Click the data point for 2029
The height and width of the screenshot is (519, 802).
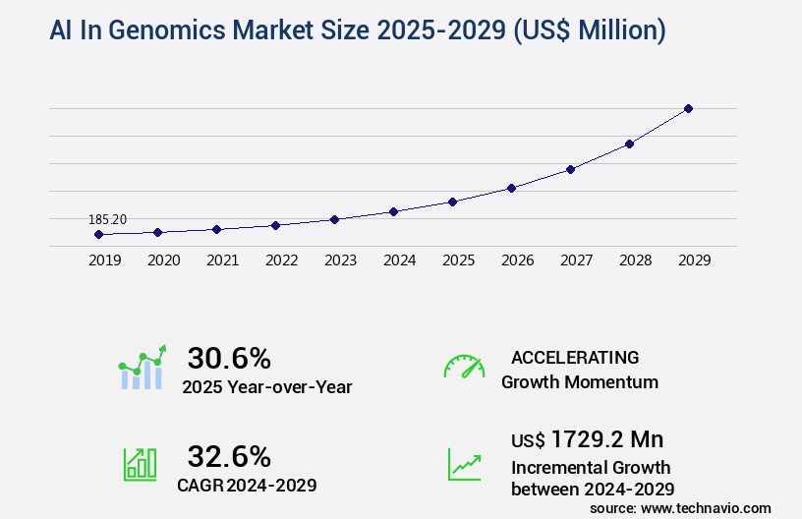(x=688, y=108)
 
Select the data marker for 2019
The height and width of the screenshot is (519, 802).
(x=98, y=235)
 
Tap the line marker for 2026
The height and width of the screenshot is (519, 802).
(x=511, y=188)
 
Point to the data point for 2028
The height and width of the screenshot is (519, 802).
(x=629, y=144)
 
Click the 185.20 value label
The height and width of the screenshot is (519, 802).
(x=108, y=219)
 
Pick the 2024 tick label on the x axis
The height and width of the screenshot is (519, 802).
(x=399, y=260)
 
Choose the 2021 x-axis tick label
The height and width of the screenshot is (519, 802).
(x=222, y=260)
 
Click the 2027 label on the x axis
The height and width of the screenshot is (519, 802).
(x=576, y=260)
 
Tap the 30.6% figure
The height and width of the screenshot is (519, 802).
(x=229, y=358)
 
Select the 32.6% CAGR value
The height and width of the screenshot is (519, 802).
(x=229, y=456)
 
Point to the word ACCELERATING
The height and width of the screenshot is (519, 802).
(x=575, y=358)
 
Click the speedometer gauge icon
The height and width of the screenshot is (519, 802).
(x=464, y=366)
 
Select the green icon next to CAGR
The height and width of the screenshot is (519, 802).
(x=140, y=464)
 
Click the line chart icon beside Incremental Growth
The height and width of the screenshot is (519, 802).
(x=464, y=464)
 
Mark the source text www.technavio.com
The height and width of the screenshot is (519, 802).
(x=706, y=507)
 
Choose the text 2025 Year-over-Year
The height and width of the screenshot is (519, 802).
(x=266, y=387)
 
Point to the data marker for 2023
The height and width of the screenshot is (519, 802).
(x=334, y=219)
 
